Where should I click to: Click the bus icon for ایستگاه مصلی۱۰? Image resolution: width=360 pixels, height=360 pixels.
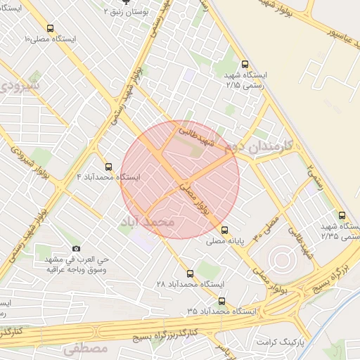[49, 28]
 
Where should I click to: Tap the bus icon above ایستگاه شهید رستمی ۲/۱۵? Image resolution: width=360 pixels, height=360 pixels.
[244, 63]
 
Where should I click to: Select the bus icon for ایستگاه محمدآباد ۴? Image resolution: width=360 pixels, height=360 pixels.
[108, 167]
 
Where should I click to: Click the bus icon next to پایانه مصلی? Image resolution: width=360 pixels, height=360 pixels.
[224, 230]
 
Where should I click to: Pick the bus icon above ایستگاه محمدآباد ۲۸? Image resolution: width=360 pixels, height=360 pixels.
[190, 274]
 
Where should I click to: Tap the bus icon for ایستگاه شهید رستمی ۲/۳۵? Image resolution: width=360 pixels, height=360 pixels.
[342, 215]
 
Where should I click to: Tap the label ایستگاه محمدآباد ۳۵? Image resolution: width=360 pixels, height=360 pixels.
[217, 310]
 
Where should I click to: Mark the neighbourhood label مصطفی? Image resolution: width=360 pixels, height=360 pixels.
[86, 349]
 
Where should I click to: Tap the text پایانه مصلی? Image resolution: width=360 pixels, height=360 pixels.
[224, 241]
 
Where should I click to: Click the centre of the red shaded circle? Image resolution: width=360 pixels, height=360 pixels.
[180, 180]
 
